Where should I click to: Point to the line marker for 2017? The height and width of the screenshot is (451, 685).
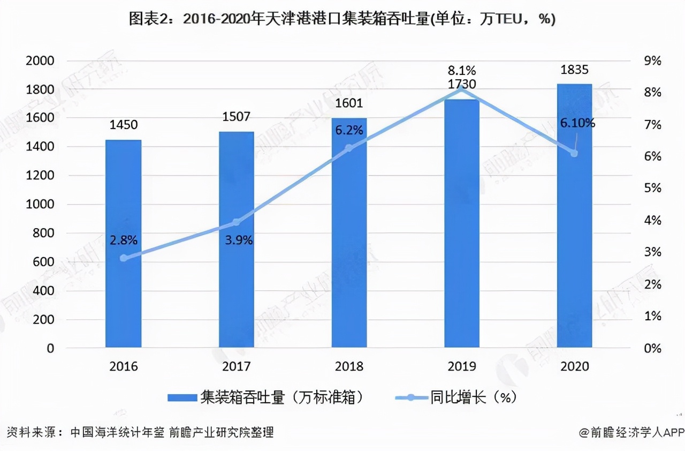236,222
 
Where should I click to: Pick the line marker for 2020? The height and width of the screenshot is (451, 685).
574,153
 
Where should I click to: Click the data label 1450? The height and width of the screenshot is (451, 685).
124,125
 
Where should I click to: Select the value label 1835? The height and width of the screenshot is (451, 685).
574,69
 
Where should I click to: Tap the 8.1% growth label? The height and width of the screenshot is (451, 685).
462,70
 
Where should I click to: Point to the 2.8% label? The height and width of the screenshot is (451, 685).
124,240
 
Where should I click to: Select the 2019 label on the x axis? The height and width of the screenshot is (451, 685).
462,366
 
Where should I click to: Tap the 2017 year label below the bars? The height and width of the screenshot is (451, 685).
236,366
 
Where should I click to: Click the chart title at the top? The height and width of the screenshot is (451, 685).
342,19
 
